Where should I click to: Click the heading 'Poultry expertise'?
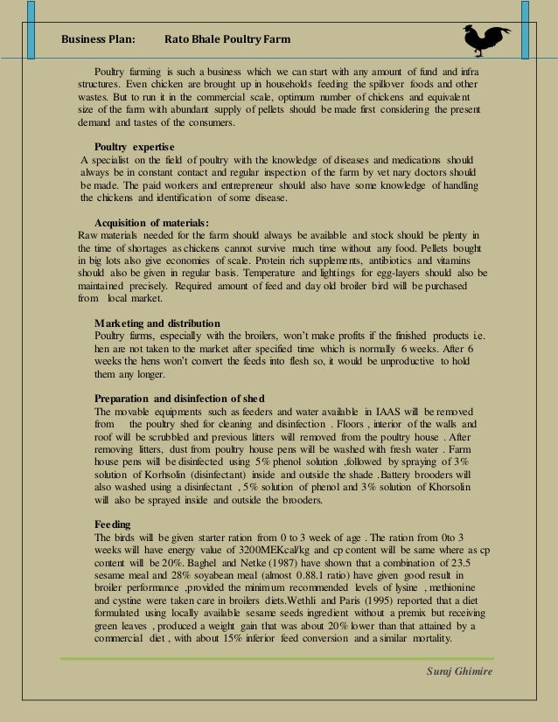click(134, 146)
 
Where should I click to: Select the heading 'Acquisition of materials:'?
click(151, 222)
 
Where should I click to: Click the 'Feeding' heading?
click(112, 524)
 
